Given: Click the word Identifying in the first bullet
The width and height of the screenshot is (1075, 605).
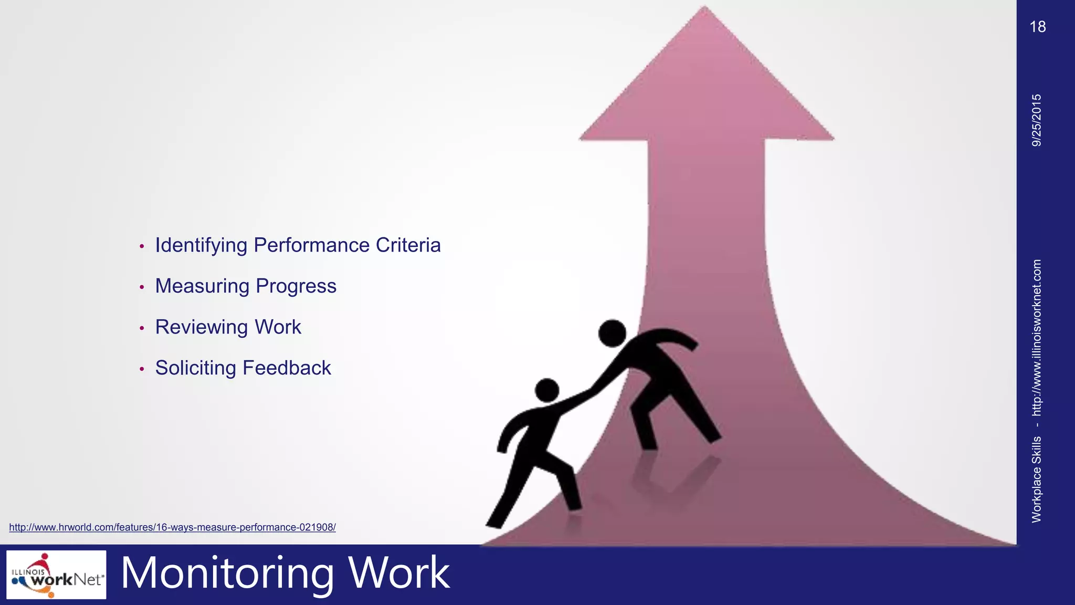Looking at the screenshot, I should click(201, 246).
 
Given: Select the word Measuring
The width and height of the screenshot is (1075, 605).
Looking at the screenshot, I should click(202, 286).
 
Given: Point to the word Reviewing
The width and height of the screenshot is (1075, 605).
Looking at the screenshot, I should click(201, 327).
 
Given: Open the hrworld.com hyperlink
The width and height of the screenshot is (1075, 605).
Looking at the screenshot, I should click(172, 527).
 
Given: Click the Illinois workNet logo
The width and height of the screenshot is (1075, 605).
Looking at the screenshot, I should click(56, 575).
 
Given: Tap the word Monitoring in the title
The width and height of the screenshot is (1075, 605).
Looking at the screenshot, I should click(227, 573).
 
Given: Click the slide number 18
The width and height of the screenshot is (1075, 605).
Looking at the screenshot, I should click(1037, 27).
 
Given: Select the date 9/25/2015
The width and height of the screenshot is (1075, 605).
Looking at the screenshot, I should click(1037, 120).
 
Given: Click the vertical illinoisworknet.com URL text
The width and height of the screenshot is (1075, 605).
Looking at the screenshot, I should click(1037, 337).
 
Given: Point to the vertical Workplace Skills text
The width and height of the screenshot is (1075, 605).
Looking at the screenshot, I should click(1037, 479).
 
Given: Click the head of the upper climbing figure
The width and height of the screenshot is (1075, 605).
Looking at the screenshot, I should click(612, 333).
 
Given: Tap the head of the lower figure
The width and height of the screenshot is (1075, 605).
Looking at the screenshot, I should click(547, 390).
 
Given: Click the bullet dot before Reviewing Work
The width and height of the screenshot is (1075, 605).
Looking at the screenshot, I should click(142, 328).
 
